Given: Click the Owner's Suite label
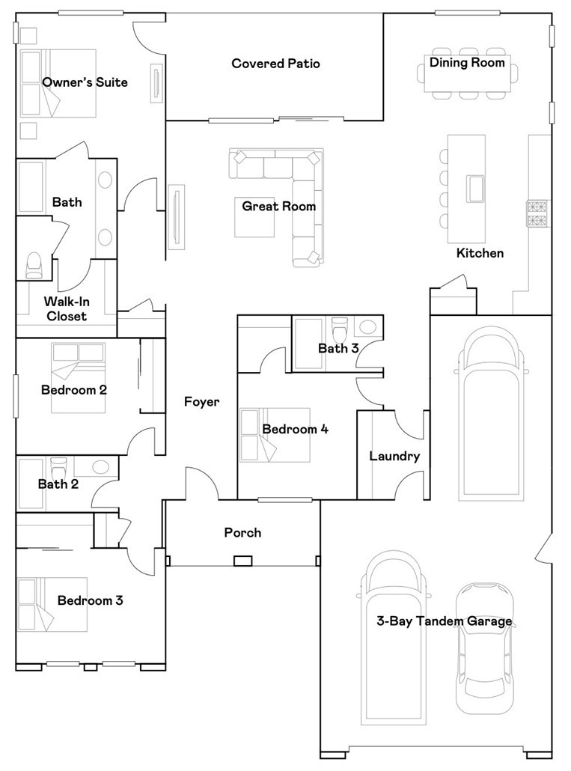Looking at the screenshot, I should [85, 82].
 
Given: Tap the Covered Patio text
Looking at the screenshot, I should [275, 64].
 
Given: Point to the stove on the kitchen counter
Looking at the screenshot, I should [537, 213].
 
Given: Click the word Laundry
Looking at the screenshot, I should [394, 457].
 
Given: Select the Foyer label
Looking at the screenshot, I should [202, 402].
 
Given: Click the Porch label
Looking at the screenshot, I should [242, 533].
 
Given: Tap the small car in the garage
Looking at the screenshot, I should [484, 647].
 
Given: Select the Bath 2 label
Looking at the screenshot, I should [58, 484].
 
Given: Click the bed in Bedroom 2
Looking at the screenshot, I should [78, 377].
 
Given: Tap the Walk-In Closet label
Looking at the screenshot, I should [65, 308].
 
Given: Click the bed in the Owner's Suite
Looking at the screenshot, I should [58, 83].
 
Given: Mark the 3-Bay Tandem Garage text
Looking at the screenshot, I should [445, 621].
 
